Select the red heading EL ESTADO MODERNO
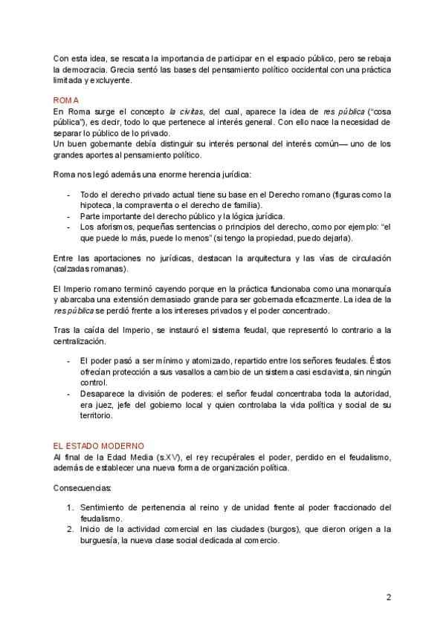[x=92, y=446]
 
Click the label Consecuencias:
[x=82, y=488]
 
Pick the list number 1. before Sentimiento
[x=69, y=507]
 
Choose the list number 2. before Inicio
[x=69, y=529]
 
